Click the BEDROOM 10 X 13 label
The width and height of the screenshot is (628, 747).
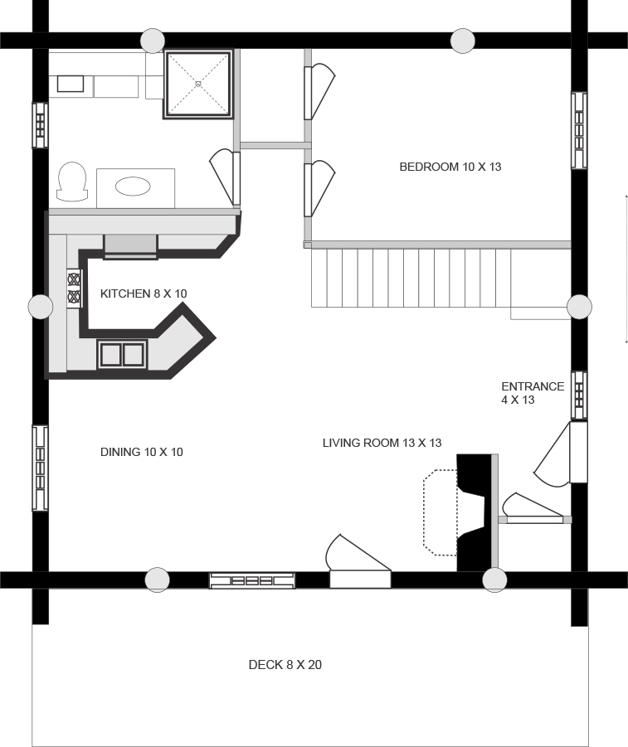pyautogui.click(x=450, y=167)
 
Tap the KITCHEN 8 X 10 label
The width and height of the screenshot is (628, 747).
pyautogui.click(x=144, y=293)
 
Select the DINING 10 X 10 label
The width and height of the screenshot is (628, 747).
pyautogui.click(x=142, y=452)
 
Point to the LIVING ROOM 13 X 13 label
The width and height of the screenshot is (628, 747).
pyautogui.click(x=382, y=443)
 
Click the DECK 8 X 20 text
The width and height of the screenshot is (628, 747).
pyautogui.click(x=285, y=665)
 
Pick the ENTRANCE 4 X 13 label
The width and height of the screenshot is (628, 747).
pyautogui.click(x=533, y=393)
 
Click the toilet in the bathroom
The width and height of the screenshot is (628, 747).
pyautogui.click(x=72, y=182)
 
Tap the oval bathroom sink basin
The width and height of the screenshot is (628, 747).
pyautogui.click(x=133, y=187)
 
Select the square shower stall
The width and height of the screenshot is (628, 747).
pyautogui.click(x=198, y=84)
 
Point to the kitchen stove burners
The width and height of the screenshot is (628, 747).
pyautogui.click(x=74, y=289)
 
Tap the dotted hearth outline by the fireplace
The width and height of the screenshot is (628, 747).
pyautogui.click(x=440, y=512)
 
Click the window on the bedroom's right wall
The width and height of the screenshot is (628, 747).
pyautogui.click(x=579, y=130)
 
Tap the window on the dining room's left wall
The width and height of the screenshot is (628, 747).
pyautogui.click(x=40, y=468)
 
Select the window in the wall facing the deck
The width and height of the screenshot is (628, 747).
pyautogui.click(x=252, y=580)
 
